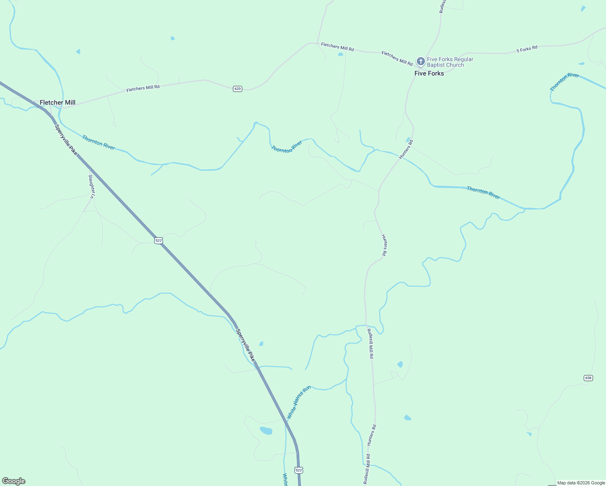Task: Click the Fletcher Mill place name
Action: click(x=58, y=102)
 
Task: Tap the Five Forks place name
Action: click(x=429, y=73)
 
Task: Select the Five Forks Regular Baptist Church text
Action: click(x=450, y=62)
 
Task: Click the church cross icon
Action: click(x=421, y=62)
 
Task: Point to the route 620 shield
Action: click(x=237, y=89)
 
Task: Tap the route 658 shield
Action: click(x=588, y=378)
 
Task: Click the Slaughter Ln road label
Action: click(x=92, y=186)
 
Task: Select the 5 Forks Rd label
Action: click(x=527, y=49)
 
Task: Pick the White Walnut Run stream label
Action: click(x=298, y=402)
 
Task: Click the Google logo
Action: click(x=14, y=481)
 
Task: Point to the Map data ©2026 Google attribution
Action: click(x=581, y=483)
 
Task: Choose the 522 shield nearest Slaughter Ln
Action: click(x=158, y=241)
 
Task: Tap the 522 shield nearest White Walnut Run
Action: click(x=299, y=470)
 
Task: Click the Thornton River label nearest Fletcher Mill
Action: click(x=98, y=143)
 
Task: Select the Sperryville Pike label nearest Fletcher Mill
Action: click(x=66, y=140)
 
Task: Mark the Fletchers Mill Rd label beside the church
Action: click(x=397, y=58)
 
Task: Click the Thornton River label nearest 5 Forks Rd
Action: click(x=564, y=81)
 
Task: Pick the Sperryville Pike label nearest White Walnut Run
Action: click(x=245, y=345)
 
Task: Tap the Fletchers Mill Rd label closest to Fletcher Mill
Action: click(x=143, y=88)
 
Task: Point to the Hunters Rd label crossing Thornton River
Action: click(x=406, y=149)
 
